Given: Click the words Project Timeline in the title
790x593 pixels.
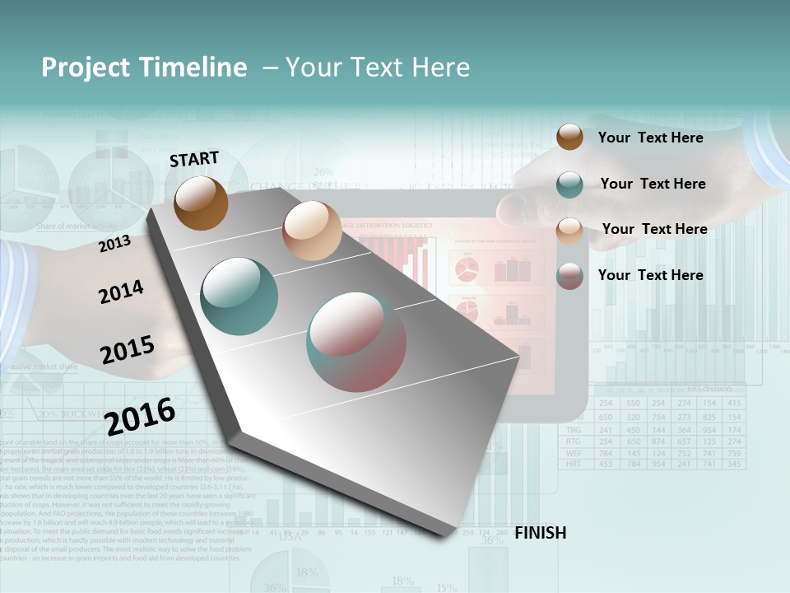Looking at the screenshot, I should click(144, 68).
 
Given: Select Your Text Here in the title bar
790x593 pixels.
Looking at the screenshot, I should click(377, 68).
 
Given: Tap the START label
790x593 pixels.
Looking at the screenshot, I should click(194, 159).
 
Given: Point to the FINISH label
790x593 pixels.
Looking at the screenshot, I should click(540, 533).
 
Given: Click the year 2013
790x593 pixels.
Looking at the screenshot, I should click(114, 244).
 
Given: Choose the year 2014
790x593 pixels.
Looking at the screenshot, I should click(121, 292).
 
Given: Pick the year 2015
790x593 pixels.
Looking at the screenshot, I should click(128, 349).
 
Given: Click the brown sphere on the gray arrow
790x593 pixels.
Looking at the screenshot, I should click(202, 203).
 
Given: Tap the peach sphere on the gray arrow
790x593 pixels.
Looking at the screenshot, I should click(311, 231).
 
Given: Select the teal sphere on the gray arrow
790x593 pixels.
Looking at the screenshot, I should click(239, 296).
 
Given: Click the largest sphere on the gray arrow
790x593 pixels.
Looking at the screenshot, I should click(356, 342).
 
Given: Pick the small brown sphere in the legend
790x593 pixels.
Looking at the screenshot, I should click(569, 137).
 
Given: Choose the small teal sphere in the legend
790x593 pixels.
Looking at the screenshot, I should click(569, 184).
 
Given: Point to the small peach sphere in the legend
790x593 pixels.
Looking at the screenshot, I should click(569, 231).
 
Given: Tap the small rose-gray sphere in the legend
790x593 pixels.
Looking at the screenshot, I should click(569, 276).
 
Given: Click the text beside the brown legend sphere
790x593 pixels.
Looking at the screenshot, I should click(650, 138).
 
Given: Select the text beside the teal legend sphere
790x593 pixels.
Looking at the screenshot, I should click(653, 184).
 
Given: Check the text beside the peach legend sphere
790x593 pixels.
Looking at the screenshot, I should click(654, 229).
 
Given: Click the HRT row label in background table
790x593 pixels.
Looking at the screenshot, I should click(574, 465).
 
